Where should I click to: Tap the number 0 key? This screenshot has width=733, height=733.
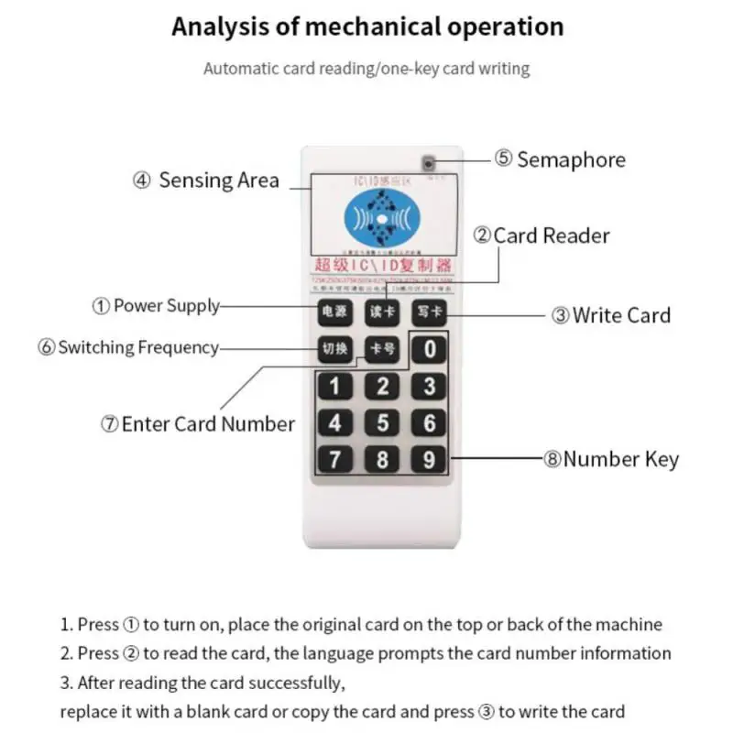(x=429, y=349)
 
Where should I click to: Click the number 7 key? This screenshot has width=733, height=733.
(x=334, y=458)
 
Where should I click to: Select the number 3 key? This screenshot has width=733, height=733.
(x=429, y=386)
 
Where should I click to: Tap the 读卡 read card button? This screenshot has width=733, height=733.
(x=381, y=312)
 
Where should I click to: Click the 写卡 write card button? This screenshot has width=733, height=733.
(x=428, y=312)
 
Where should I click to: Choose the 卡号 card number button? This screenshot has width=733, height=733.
(x=381, y=349)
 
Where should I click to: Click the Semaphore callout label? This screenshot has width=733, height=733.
(x=560, y=159)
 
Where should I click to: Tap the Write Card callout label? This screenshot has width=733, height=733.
(x=610, y=315)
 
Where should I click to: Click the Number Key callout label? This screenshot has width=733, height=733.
(x=610, y=459)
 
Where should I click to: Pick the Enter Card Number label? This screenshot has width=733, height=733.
(x=197, y=424)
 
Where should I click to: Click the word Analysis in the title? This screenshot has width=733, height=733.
(x=223, y=27)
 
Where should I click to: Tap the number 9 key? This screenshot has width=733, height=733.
(x=429, y=458)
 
